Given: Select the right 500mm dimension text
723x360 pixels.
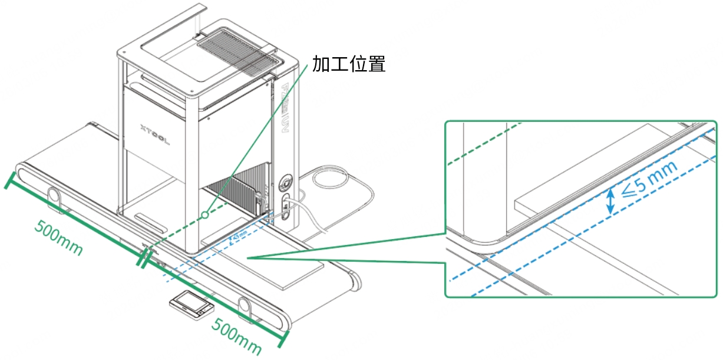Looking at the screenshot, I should [x=237, y=336].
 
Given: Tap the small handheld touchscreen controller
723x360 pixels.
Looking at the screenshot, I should [x=190, y=305].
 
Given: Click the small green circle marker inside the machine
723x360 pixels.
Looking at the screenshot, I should [x=204, y=215].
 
